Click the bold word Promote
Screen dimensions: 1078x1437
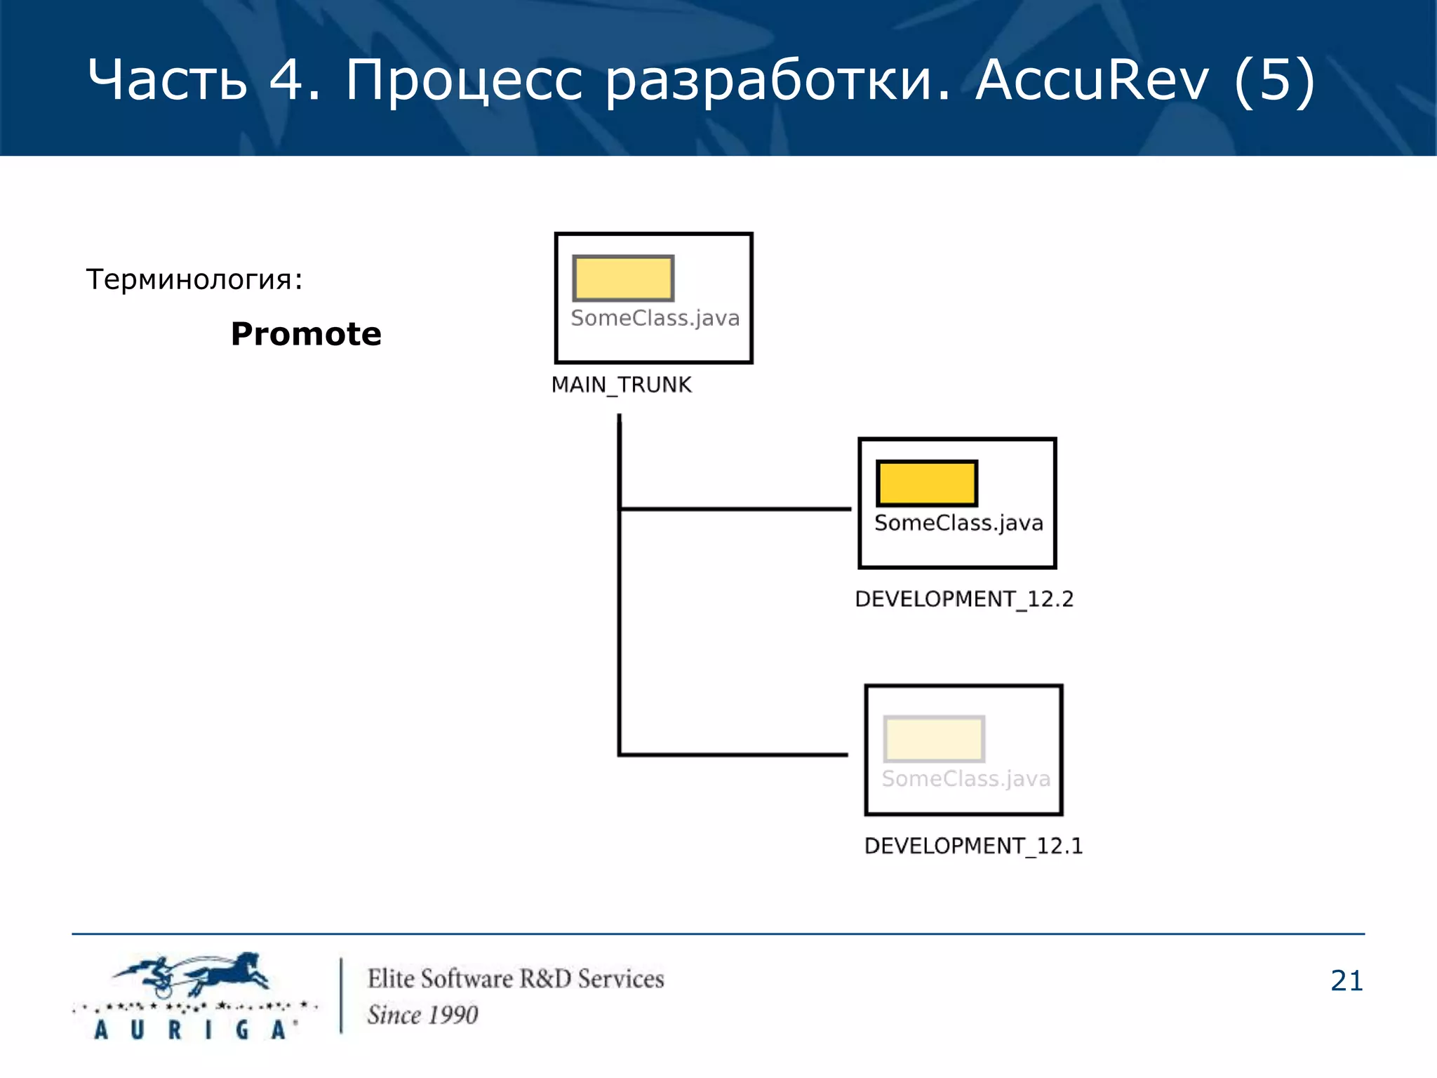coord(306,334)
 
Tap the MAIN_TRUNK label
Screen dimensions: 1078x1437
coord(621,385)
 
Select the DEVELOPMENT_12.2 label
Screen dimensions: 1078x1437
coord(963,599)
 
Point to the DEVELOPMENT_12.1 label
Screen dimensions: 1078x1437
coord(973,846)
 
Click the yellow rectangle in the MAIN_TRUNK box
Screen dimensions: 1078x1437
coord(623,278)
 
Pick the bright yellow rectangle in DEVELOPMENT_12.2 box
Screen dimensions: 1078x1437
coord(926,483)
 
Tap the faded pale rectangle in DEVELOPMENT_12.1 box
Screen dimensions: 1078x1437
coord(933,738)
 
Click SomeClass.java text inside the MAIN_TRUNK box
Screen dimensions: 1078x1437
coord(655,318)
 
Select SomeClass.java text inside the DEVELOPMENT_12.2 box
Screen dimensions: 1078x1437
coord(958,523)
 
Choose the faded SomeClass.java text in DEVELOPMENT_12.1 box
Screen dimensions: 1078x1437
coord(965,778)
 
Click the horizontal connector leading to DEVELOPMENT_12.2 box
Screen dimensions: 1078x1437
coord(735,509)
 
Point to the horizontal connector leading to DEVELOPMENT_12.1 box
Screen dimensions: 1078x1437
coord(733,754)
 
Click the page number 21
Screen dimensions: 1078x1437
coord(1346,980)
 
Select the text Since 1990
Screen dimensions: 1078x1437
coord(422,1015)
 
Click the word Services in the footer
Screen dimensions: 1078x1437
coord(620,979)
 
